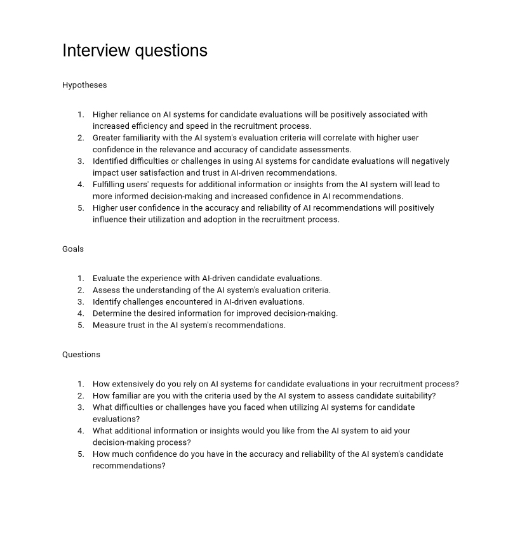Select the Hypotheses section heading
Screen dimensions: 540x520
pyautogui.click(x=84, y=85)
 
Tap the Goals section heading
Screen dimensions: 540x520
pyautogui.click(x=73, y=249)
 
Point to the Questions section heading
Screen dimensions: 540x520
pyautogui.click(x=81, y=355)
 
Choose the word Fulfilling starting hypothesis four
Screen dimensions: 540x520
pyautogui.click(x=111, y=185)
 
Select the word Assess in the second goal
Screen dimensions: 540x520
pyautogui.click(x=106, y=290)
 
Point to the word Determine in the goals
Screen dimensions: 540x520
pyautogui.click(x=112, y=313)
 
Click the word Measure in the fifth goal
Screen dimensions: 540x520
pyautogui.click(x=109, y=325)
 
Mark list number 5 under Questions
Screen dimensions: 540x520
pyautogui.click(x=81, y=454)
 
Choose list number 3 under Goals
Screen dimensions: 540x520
pyautogui.click(x=81, y=302)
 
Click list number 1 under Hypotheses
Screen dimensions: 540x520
pyautogui.click(x=81, y=115)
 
